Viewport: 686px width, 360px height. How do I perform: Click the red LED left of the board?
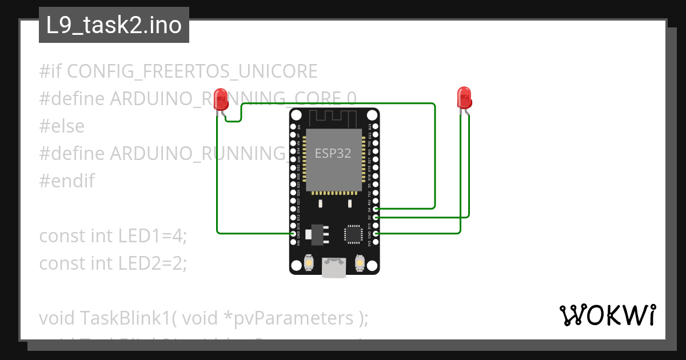220,99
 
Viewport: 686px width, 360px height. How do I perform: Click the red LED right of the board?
464,97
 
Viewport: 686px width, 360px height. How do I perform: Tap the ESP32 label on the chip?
333,154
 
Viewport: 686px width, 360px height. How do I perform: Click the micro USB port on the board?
334,267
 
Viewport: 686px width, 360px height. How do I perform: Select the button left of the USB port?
309,263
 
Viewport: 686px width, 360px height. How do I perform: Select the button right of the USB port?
360,263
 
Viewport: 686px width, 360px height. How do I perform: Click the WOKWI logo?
607,315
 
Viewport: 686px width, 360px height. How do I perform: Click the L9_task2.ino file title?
114,26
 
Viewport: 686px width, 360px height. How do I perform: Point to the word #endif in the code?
67,181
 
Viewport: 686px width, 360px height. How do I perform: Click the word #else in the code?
62,126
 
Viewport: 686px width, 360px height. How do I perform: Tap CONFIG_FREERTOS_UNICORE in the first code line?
192,71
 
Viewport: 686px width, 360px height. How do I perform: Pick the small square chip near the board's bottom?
353,234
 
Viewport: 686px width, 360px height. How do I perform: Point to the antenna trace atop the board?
334,118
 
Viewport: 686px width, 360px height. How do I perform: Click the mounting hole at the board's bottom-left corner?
296,265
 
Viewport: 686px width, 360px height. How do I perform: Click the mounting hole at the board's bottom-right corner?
372,265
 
